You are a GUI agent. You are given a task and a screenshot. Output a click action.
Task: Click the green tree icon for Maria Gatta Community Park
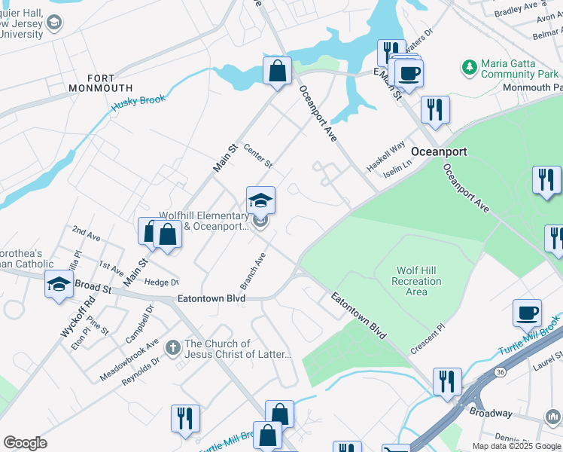coord(470,68)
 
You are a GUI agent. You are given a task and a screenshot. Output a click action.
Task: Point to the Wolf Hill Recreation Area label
coord(416,281)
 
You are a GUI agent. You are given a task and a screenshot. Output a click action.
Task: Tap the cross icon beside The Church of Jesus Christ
coord(172,347)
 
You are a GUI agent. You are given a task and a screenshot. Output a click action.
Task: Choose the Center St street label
coord(258,157)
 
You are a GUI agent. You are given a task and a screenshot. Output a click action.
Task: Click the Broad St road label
coord(93,288)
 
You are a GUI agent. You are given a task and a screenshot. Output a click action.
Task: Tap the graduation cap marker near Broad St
coord(58,285)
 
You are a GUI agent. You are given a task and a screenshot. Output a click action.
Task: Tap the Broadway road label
coord(491,413)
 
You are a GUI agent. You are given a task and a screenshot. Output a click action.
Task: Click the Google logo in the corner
coord(25,443)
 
